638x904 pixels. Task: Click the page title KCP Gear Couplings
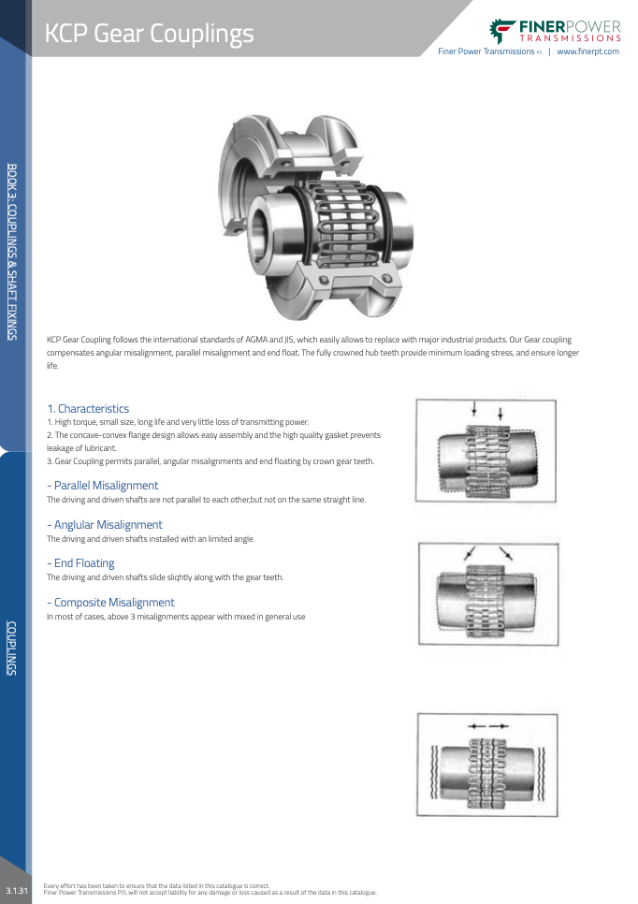coord(150,34)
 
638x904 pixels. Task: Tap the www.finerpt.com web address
coord(587,51)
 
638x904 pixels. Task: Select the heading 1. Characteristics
coord(88,409)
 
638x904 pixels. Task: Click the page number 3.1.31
coord(17,887)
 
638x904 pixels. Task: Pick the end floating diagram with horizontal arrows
coord(486,764)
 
